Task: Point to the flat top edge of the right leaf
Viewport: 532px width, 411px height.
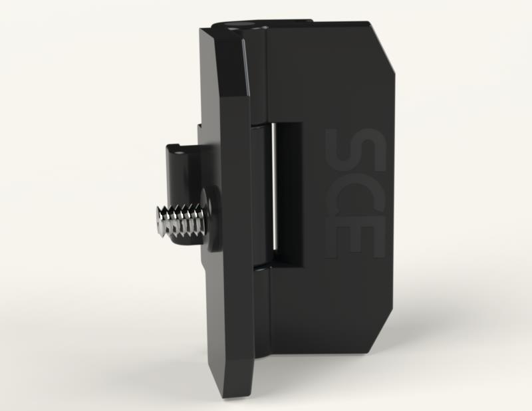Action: point(319,25)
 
